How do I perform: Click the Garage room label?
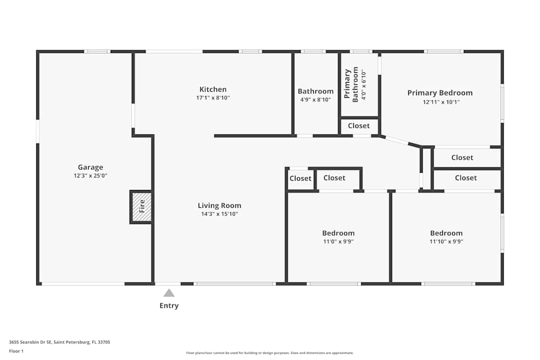pos(90,167)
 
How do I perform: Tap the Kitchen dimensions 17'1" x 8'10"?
pos(213,98)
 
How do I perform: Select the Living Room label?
pos(219,206)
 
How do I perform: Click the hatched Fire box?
pos(141,206)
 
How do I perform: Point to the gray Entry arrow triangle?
pos(169,293)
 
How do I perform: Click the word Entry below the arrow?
pos(169,306)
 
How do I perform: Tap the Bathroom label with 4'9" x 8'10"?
pos(315,92)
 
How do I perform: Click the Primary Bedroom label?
pos(440,93)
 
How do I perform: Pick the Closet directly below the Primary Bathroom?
pos(359,126)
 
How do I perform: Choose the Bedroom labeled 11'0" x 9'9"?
pos(338,233)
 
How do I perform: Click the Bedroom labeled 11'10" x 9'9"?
pos(446,233)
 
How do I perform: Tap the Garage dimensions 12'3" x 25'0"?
pos(90,176)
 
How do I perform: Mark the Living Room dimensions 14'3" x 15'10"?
pos(219,214)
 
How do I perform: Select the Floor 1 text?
pos(16,351)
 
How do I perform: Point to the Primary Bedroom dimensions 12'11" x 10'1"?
pos(441,102)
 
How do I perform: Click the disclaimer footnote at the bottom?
pos(270,353)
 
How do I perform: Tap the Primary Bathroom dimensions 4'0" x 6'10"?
pos(363,84)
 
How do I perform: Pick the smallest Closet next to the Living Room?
pos(300,179)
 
